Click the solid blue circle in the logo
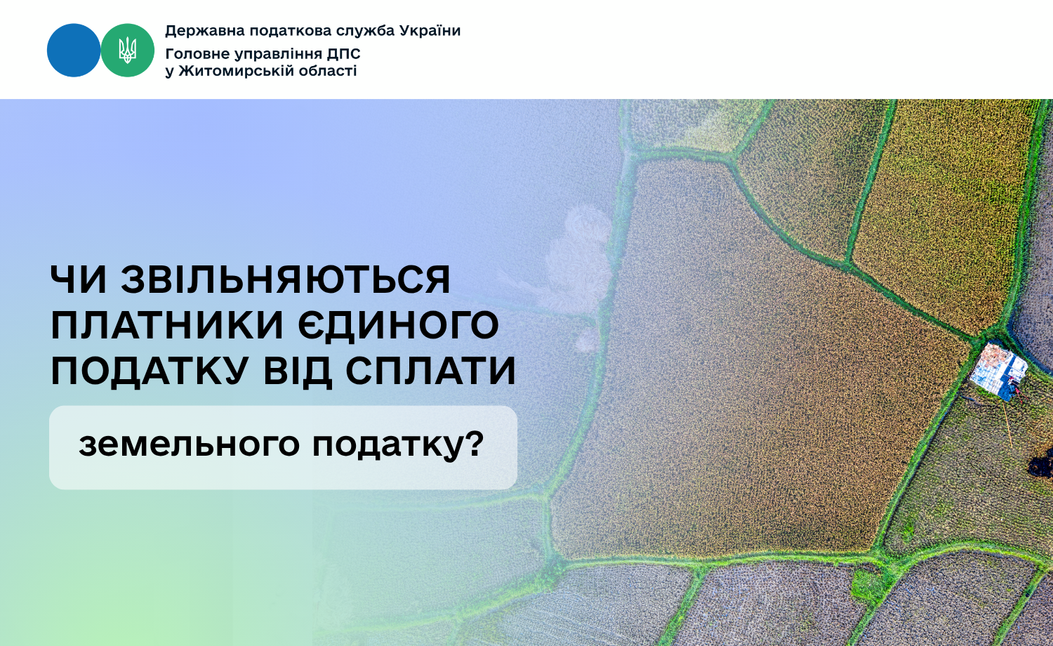point(74,51)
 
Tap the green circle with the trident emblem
point(128,51)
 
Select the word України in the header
point(430,31)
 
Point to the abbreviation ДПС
point(344,54)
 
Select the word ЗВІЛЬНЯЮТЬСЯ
point(286,279)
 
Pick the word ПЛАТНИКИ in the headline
point(167,325)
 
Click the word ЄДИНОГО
point(399,325)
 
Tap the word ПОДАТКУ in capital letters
point(150,371)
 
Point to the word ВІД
point(298,371)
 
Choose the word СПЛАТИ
point(431,371)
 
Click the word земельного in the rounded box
point(189,444)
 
